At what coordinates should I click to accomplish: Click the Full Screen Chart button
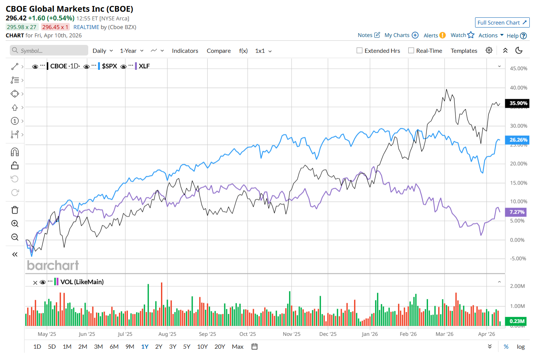(x=502, y=23)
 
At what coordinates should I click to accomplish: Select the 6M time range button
(x=114, y=346)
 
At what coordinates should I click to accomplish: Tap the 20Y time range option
(x=219, y=346)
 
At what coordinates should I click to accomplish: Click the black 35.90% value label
(x=518, y=103)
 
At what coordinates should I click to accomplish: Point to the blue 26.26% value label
(x=518, y=140)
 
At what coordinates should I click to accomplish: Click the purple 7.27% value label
(x=517, y=212)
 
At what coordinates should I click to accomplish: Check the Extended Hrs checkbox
(x=359, y=51)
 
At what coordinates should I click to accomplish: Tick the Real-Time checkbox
(x=411, y=51)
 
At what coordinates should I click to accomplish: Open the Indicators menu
(x=185, y=51)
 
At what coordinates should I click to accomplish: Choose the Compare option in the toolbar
(x=219, y=51)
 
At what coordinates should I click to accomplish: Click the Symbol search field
(x=49, y=51)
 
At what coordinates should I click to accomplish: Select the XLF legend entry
(x=144, y=66)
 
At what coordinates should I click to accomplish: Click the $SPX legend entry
(x=109, y=66)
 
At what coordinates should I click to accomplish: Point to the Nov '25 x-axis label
(x=291, y=334)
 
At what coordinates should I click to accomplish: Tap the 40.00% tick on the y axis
(x=518, y=88)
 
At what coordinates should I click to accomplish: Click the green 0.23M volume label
(x=517, y=321)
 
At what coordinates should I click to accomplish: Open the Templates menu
(x=464, y=51)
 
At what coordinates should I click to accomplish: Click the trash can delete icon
(x=15, y=210)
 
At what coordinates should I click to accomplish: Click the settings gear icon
(x=489, y=50)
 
